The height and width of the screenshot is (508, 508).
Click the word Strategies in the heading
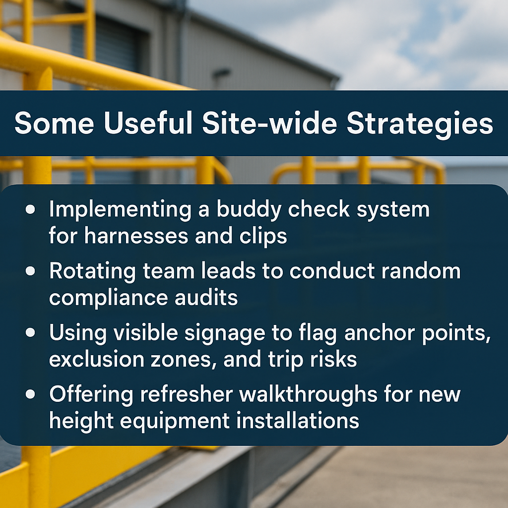[x=420, y=124]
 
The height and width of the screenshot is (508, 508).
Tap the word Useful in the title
[x=148, y=123]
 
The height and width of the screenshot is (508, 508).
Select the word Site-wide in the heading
[x=269, y=123]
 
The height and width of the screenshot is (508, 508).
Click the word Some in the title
[x=54, y=123]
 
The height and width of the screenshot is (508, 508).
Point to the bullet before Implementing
[x=30, y=209]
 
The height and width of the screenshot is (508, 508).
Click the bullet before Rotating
[x=30, y=271]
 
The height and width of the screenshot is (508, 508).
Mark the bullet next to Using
[x=30, y=332]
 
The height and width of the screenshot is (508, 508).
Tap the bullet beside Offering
[x=30, y=394]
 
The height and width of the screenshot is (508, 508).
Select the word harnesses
[x=136, y=236]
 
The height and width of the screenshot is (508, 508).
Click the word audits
[x=206, y=298]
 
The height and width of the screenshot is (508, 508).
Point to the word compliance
[x=109, y=298]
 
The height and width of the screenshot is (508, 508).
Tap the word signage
[x=225, y=334]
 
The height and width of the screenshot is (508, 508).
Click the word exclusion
[x=97, y=359]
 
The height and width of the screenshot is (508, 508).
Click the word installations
[x=298, y=421]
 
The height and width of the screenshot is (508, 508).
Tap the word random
[x=421, y=271]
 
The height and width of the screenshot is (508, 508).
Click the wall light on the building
[x=222, y=73]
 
